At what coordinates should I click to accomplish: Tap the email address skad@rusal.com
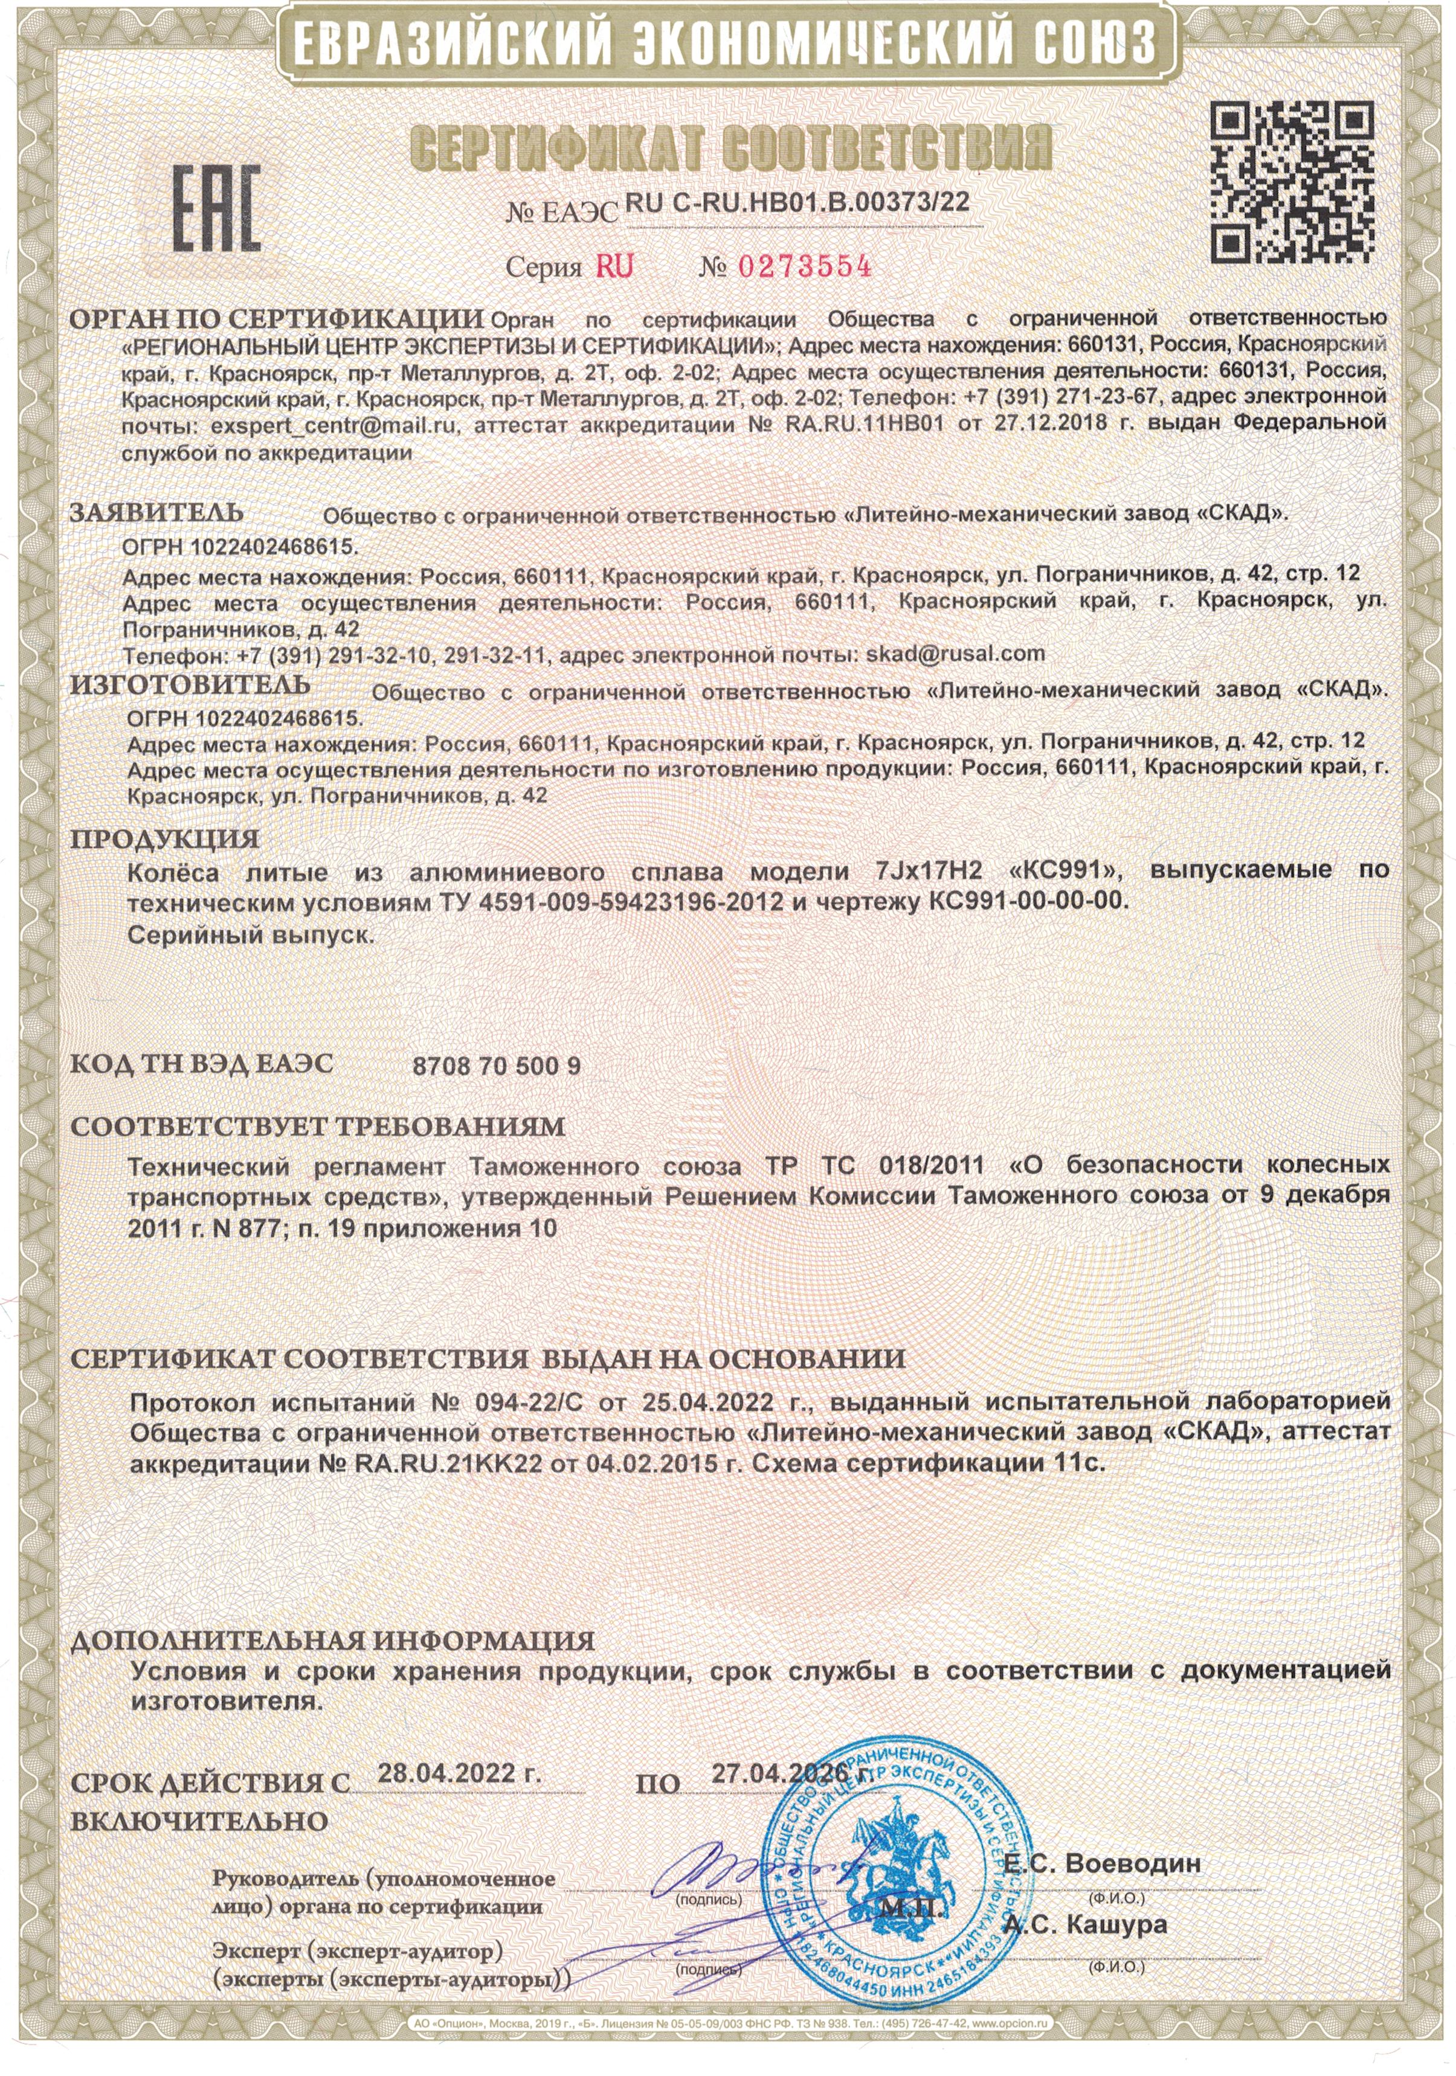(x=955, y=653)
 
